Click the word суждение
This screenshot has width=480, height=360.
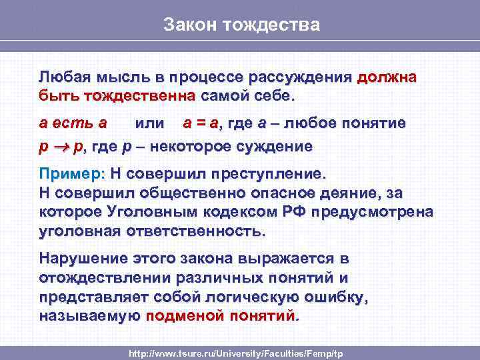pos(280,145)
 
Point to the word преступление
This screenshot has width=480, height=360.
pos(269,174)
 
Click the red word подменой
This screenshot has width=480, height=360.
pos(183,315)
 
